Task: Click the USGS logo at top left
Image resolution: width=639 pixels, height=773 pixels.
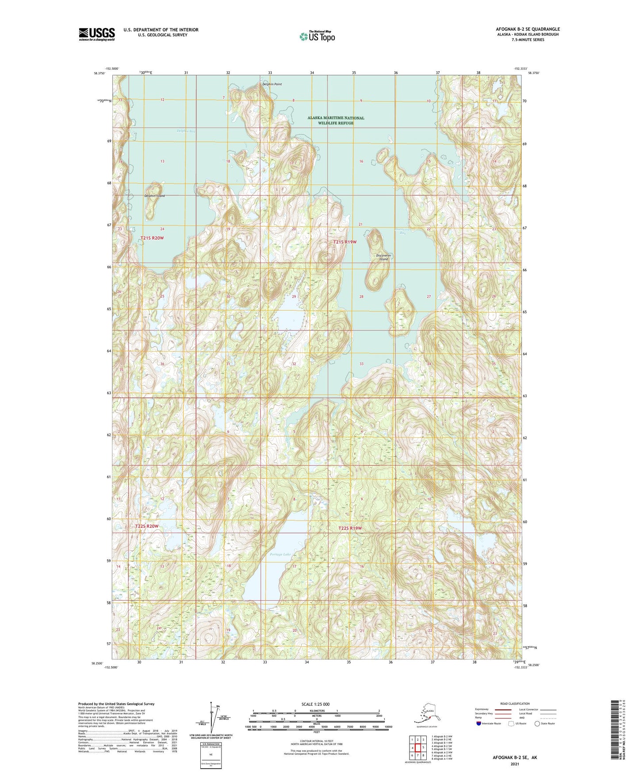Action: click(96, 34)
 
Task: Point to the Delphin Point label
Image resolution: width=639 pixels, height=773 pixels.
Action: click(272, 84)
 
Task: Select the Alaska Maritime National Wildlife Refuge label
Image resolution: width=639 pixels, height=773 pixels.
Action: click(336, 120)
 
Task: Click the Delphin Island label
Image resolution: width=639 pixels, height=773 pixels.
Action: click(154, 196)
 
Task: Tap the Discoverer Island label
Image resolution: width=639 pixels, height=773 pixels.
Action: click(383, 257)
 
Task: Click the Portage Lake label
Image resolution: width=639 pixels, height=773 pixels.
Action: click(280, 554)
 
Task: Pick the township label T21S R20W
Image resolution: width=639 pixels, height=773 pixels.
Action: click(152, 238)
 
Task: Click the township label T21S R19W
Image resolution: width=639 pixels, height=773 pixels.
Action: click(345, 242)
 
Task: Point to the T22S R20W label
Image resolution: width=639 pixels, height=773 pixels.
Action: click(146, 526)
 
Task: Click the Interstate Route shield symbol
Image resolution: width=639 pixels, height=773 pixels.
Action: click(478, 723)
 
